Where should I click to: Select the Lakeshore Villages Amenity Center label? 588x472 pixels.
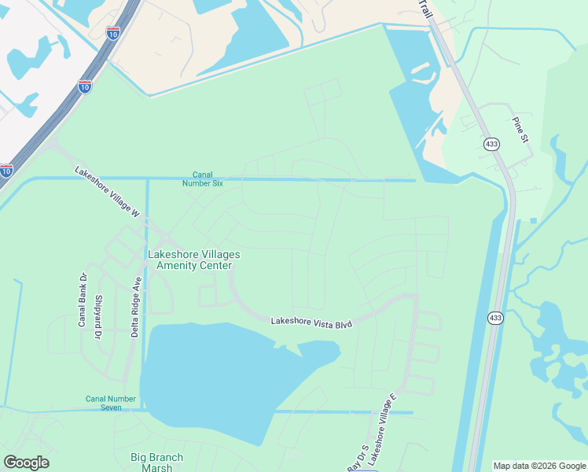tap(193, 260)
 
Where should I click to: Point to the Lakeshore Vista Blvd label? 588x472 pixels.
tap(311, 322)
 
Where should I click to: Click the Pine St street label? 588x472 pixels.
tap(520, 130)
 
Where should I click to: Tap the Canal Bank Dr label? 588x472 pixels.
tap(82, 300)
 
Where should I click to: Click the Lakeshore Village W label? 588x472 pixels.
tap(107, 193)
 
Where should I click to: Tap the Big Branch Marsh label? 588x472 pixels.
tap(156, 462)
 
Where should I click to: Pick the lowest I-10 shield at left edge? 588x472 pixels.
tap(6, 170)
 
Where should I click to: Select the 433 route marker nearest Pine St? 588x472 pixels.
tap(492, 145)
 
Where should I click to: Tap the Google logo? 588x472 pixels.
tap(26, 463)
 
